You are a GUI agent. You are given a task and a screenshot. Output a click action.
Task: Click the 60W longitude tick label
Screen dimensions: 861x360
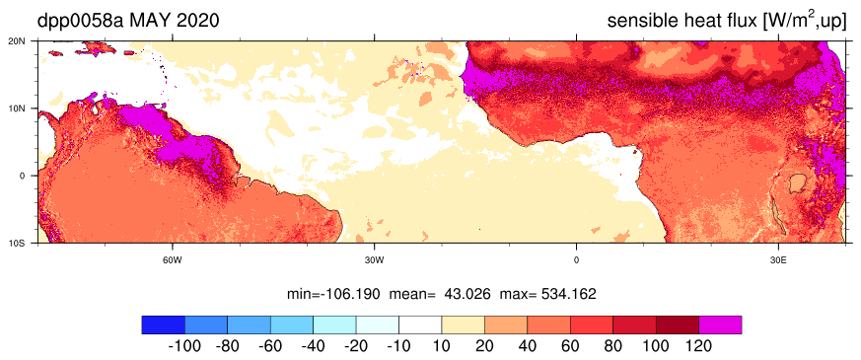[173, 259]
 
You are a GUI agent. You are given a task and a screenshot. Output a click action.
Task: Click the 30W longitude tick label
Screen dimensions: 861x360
[374, 259]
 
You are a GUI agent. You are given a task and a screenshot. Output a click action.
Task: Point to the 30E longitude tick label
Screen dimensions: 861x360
[777, 259]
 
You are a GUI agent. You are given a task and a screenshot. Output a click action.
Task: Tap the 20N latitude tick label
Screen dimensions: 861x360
[26, 40]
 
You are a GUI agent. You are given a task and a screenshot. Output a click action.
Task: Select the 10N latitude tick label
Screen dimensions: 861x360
[26, 108]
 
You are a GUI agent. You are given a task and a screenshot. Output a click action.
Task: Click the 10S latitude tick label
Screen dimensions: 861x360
[26, 243]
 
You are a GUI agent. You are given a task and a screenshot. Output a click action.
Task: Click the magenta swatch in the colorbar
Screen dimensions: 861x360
[720, 324]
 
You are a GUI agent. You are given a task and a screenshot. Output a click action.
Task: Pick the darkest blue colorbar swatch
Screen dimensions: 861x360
[163, 324]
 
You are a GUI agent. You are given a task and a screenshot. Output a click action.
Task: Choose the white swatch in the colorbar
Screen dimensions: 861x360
[420, 324]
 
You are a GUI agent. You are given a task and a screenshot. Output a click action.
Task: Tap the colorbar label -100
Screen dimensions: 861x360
[185, 347]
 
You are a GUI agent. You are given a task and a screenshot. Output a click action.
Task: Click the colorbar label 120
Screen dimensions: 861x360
[699, 347]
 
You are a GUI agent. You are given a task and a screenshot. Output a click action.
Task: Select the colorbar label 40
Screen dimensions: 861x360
[528, 347]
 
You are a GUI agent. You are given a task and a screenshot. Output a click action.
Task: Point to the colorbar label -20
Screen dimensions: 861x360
[356, 347]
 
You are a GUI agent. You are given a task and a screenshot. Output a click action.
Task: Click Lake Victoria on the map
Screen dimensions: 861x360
[795, 183]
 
